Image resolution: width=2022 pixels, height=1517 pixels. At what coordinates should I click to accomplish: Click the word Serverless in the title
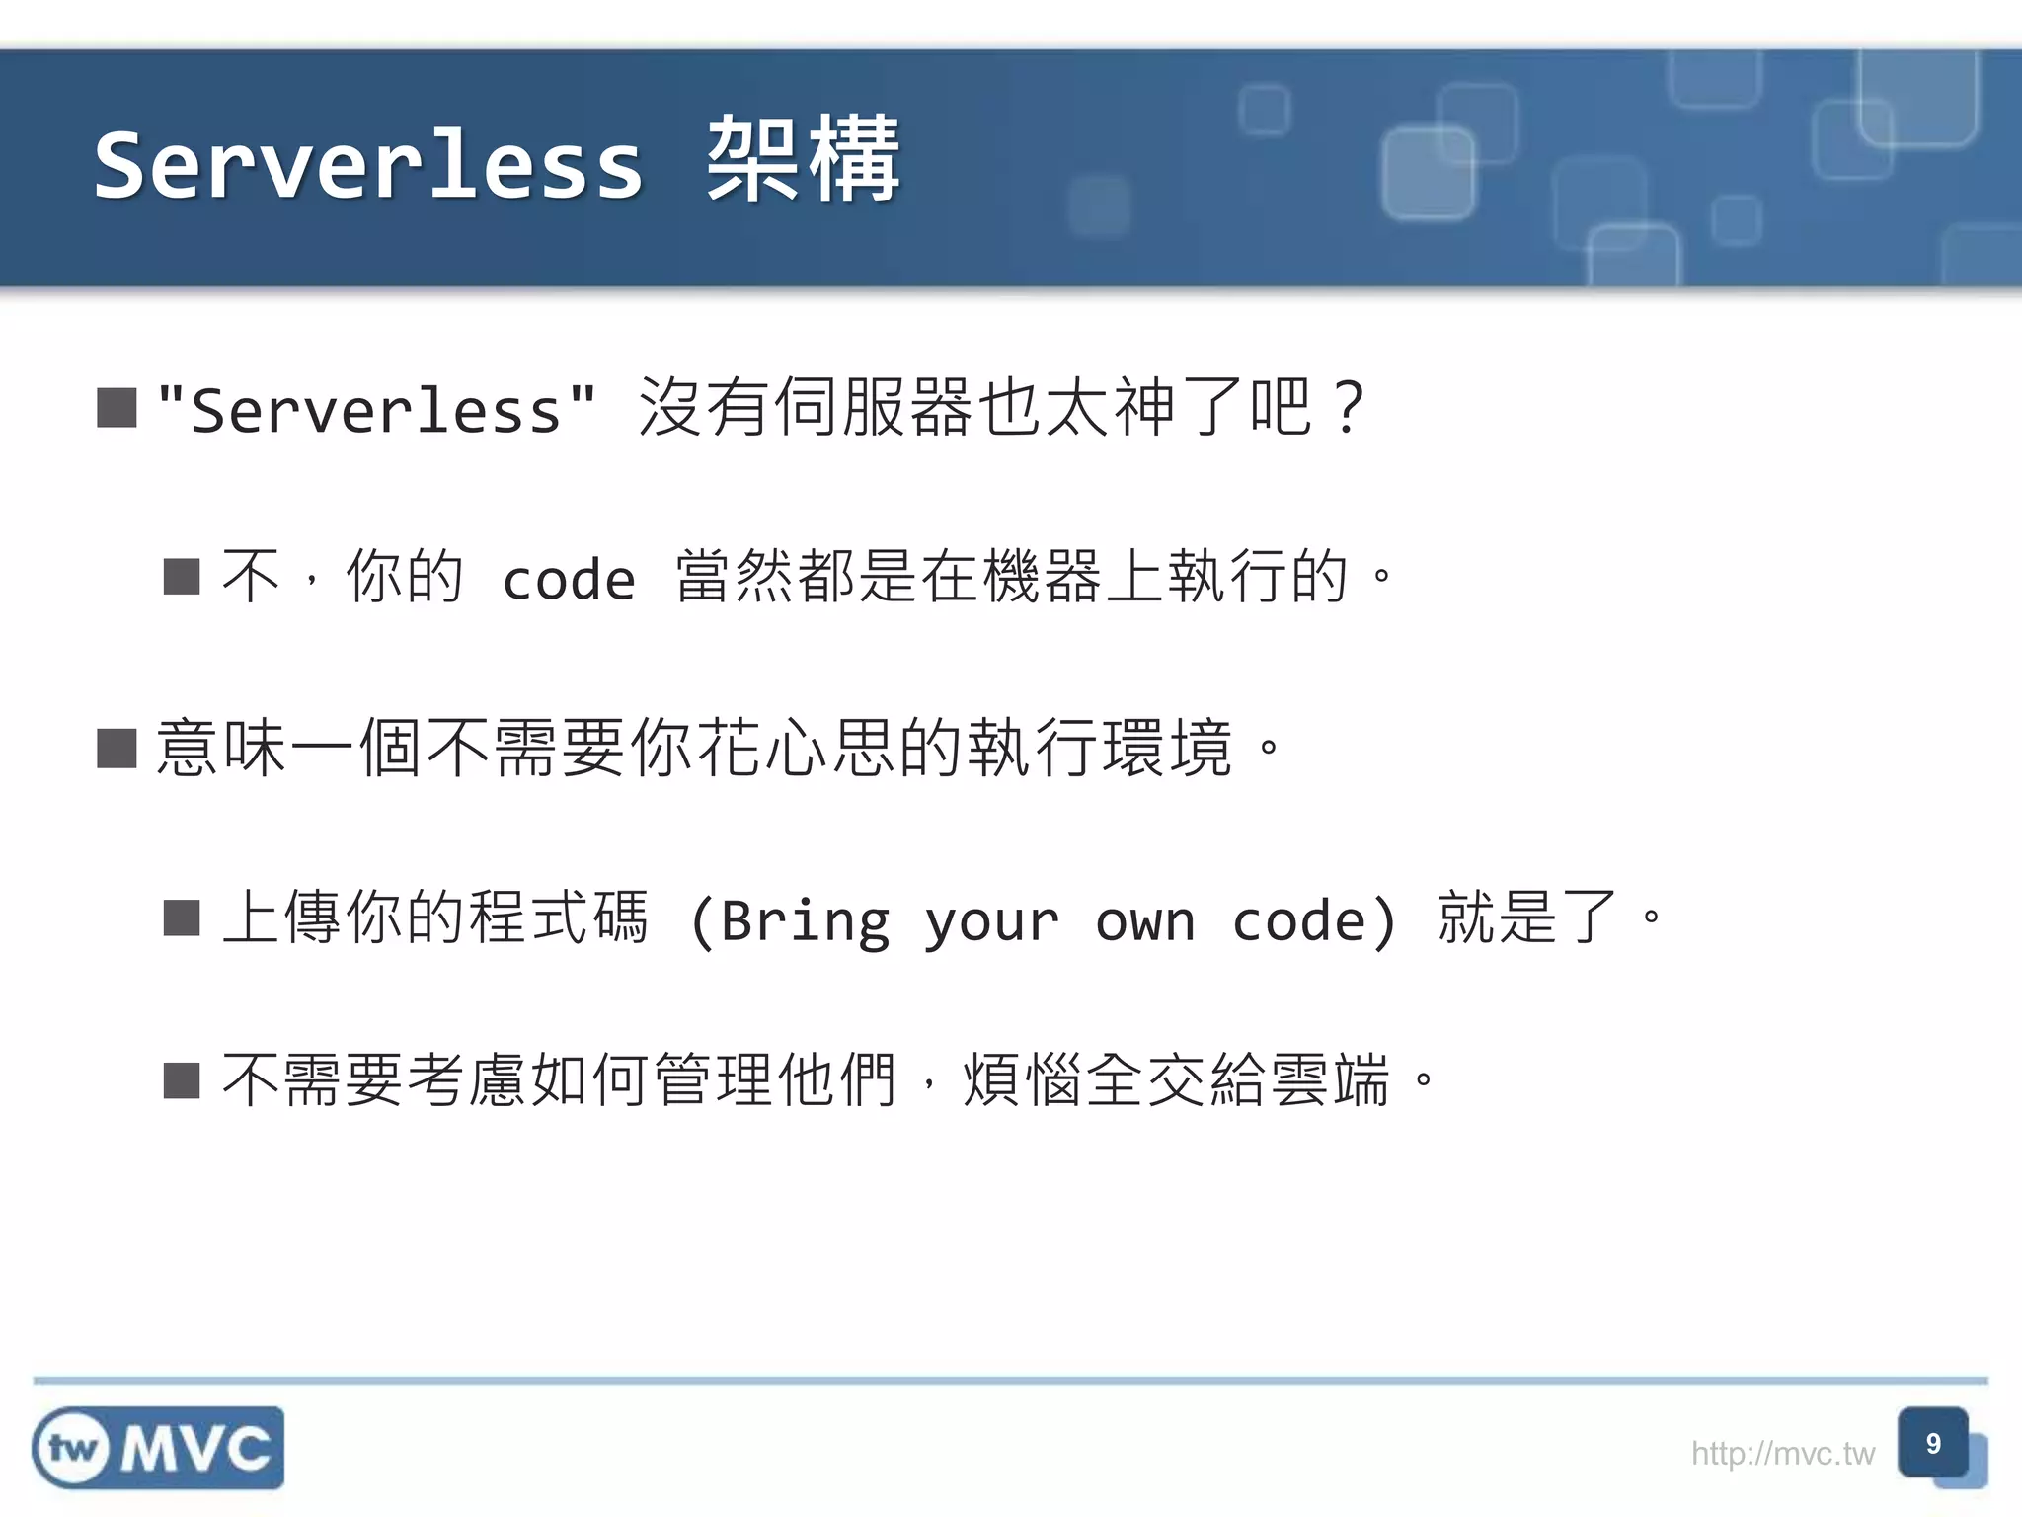[x=368, y=166]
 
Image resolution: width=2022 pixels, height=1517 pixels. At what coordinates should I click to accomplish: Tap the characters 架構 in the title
[x=803, y=161]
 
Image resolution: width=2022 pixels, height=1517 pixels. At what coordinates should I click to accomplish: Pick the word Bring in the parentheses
[x=806, y=921]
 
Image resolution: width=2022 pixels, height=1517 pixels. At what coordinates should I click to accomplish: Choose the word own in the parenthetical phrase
[x=1145, y=921]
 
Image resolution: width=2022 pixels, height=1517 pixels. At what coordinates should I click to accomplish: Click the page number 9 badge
[x=1933, y=1444]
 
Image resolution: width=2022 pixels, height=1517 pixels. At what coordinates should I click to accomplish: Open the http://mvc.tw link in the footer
[x=1783, y=1454]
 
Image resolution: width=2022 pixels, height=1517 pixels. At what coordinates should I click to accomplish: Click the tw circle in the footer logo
[x=72, y=1449]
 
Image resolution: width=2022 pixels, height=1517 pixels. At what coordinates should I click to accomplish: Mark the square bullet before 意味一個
[x=117, y=749]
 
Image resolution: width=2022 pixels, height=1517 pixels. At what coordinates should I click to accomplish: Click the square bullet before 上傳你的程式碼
[x=182, y=918]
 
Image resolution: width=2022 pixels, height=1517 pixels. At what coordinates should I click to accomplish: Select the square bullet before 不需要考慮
[x=182, y=1080]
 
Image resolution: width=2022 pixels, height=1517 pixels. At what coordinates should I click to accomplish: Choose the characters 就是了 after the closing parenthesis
[x=1527, y=918]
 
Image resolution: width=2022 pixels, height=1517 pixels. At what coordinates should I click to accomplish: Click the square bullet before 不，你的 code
[x=182, y=577]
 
